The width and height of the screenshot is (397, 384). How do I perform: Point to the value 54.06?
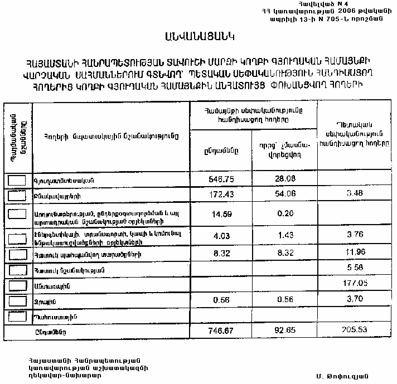click(284, 196)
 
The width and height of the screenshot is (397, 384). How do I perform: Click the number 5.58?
click(355, 270)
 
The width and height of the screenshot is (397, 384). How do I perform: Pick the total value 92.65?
click(284, 331)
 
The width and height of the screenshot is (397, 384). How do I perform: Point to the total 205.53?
click(355, 331)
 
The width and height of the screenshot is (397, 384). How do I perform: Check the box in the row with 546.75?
click(18, 181)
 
